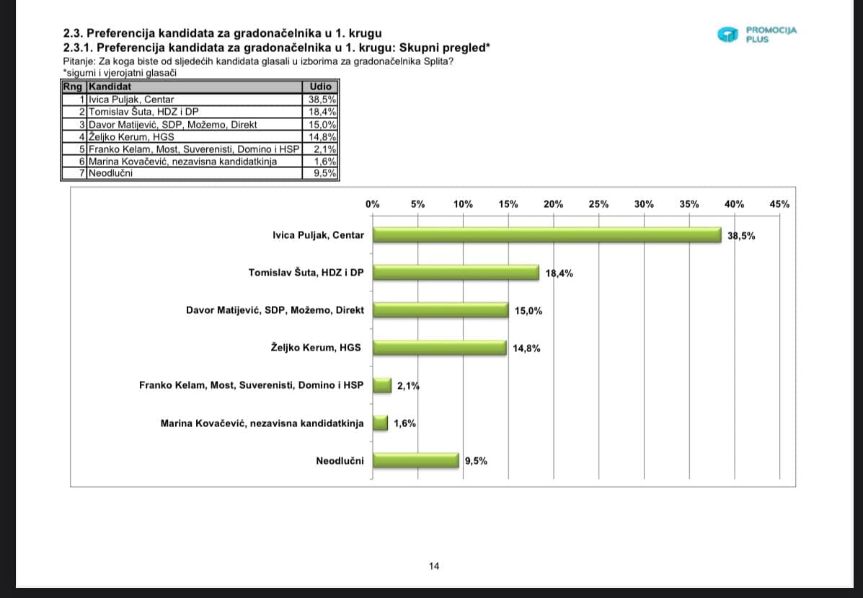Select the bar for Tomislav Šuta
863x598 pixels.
click(456, 273)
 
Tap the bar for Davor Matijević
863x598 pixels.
click(441, 310)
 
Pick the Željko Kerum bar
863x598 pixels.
click(440, 348)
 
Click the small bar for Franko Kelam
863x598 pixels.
click(382, 385)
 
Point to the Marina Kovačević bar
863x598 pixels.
click(380, 423)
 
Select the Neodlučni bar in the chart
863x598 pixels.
click(415, 460)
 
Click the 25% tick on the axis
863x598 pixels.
click(598, 204)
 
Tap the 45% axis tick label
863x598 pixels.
click(779, 204)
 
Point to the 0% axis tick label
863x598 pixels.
click(373, 204)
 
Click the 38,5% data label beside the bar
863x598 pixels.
click(742, 236)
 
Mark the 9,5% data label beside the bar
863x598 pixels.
click(476, 461)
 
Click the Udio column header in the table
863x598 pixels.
click(319, 87)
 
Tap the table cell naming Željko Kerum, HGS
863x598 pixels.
click(131, 136)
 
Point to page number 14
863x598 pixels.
click(434, 566)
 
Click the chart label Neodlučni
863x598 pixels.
click(340, 461)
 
